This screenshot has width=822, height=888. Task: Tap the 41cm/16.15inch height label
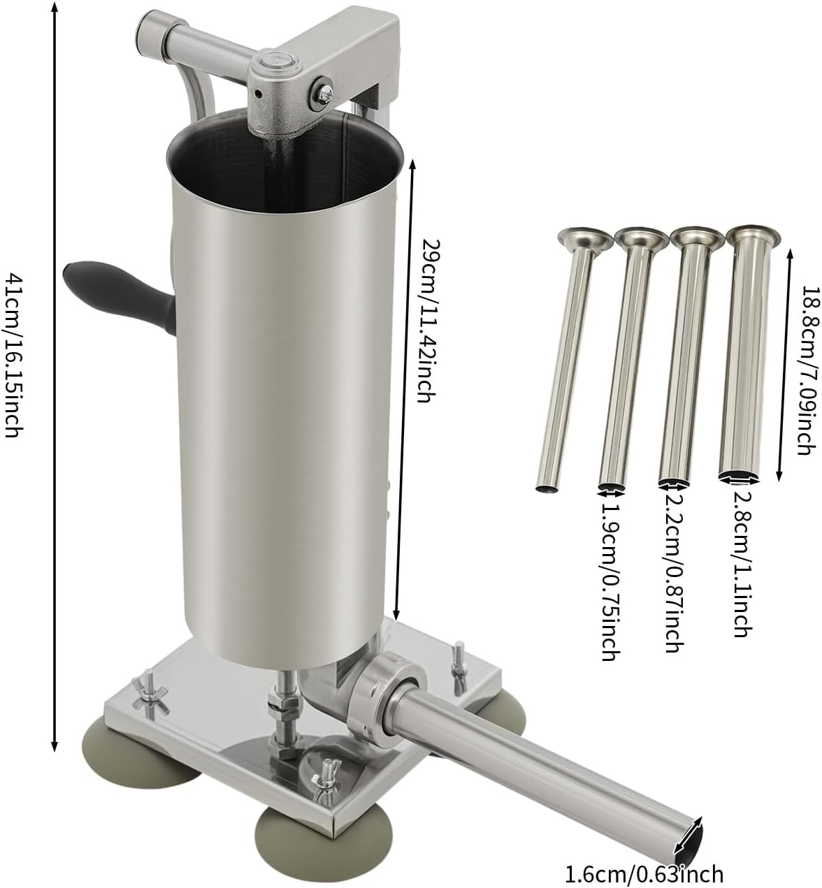click(x=14, y=356)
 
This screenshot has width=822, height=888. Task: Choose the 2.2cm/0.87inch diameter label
click(x=673, y=575)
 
